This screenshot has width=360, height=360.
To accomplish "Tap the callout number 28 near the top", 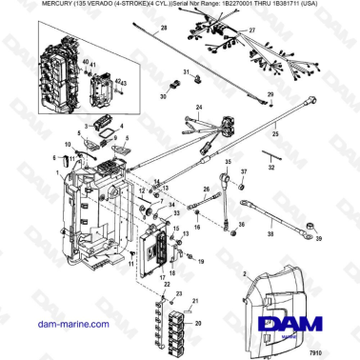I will point(163,29).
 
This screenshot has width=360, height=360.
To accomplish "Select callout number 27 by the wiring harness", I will point(251,31).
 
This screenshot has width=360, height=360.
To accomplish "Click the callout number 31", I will point(189,74).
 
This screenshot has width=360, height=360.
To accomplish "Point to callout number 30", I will point(164,96).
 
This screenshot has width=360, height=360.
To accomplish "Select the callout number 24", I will point(197,108).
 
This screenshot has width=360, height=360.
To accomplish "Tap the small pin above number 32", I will point(271,152).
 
